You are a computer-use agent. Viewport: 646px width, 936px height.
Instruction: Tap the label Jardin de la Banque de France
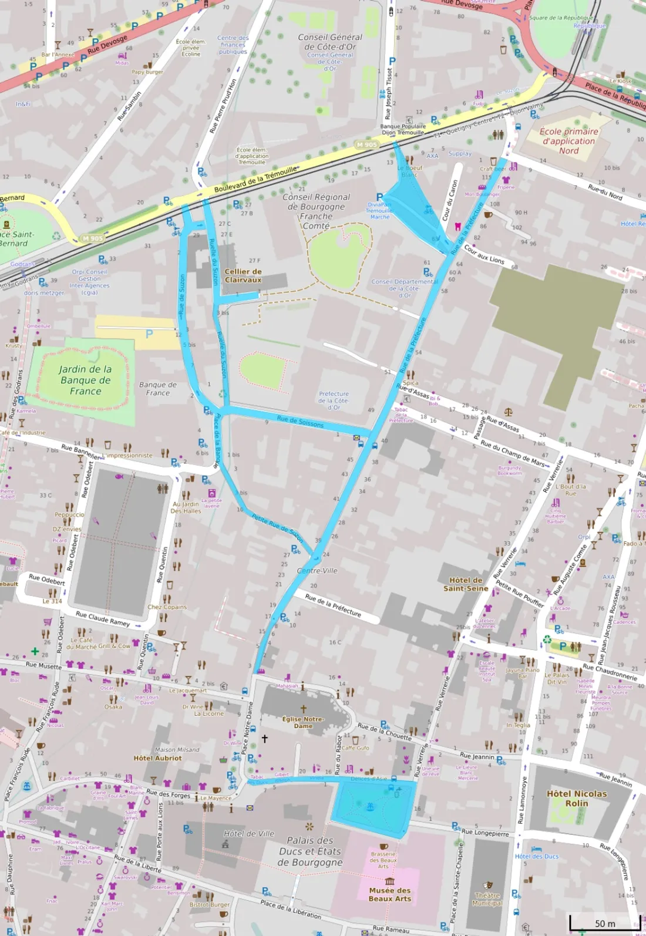pyautogui.click(x=85, y=380)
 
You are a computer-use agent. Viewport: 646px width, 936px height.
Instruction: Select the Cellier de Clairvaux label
pyautogui.click(x=243, y=275)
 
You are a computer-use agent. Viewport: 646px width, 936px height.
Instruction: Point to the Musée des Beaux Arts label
pyautogui.click(x=390, y=894)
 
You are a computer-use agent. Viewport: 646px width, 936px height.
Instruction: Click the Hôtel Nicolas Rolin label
pyautogui.click(x=577, y=798)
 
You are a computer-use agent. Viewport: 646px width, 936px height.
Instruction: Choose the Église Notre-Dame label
pyautogui.click(x=303, y=722)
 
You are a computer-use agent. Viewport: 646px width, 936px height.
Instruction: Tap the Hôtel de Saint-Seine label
pyautogui.click(x=466, y=584)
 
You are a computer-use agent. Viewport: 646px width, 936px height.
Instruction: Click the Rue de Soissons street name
pyautogui.click(x=300, y=422)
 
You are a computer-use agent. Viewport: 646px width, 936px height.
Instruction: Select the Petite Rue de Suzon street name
pyautogui.click(x=277, y=526)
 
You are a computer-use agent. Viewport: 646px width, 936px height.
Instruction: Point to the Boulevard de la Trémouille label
pyautogui.click(x=255, y=180)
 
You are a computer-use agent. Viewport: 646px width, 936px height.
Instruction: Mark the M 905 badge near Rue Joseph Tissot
pyautogui.click(x=366, y=144)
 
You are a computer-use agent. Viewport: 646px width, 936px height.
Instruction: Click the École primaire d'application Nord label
pyautogui.click(x=568, y=141)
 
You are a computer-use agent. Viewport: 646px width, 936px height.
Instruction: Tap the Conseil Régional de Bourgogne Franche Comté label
pyautogui.click(x=316, y=211)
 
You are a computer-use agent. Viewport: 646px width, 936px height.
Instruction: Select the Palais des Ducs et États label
pyautogui.click(x=310, y=851)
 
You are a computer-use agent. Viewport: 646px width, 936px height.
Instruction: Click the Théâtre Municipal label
pyautogui.click(x=487, y=899)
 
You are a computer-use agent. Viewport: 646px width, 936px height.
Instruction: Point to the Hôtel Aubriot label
pyautogui.click(x=157, y=758)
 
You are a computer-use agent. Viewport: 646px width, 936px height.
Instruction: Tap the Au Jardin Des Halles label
pyautogui.click(x=186, y=507)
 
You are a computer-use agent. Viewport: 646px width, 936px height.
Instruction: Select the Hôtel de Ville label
pyautogui.click(x=249, y=833)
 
